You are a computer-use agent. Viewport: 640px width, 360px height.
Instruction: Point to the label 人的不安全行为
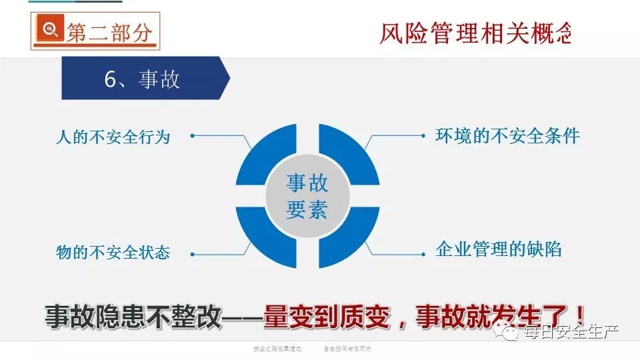(x=113, y=137)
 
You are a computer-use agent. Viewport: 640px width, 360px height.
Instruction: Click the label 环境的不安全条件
(x=507, y=136)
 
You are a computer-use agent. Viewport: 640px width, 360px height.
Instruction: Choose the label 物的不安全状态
(x=113, y=252)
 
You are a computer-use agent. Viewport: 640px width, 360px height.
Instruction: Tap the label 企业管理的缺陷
(x=498, y=249)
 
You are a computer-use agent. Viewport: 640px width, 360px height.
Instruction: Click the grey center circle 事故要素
(x=307, y=196)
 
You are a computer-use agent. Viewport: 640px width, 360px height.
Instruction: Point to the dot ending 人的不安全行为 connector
(x=192, y=135)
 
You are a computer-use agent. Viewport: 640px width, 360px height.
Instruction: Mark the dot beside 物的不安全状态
(x=192, y=253)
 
